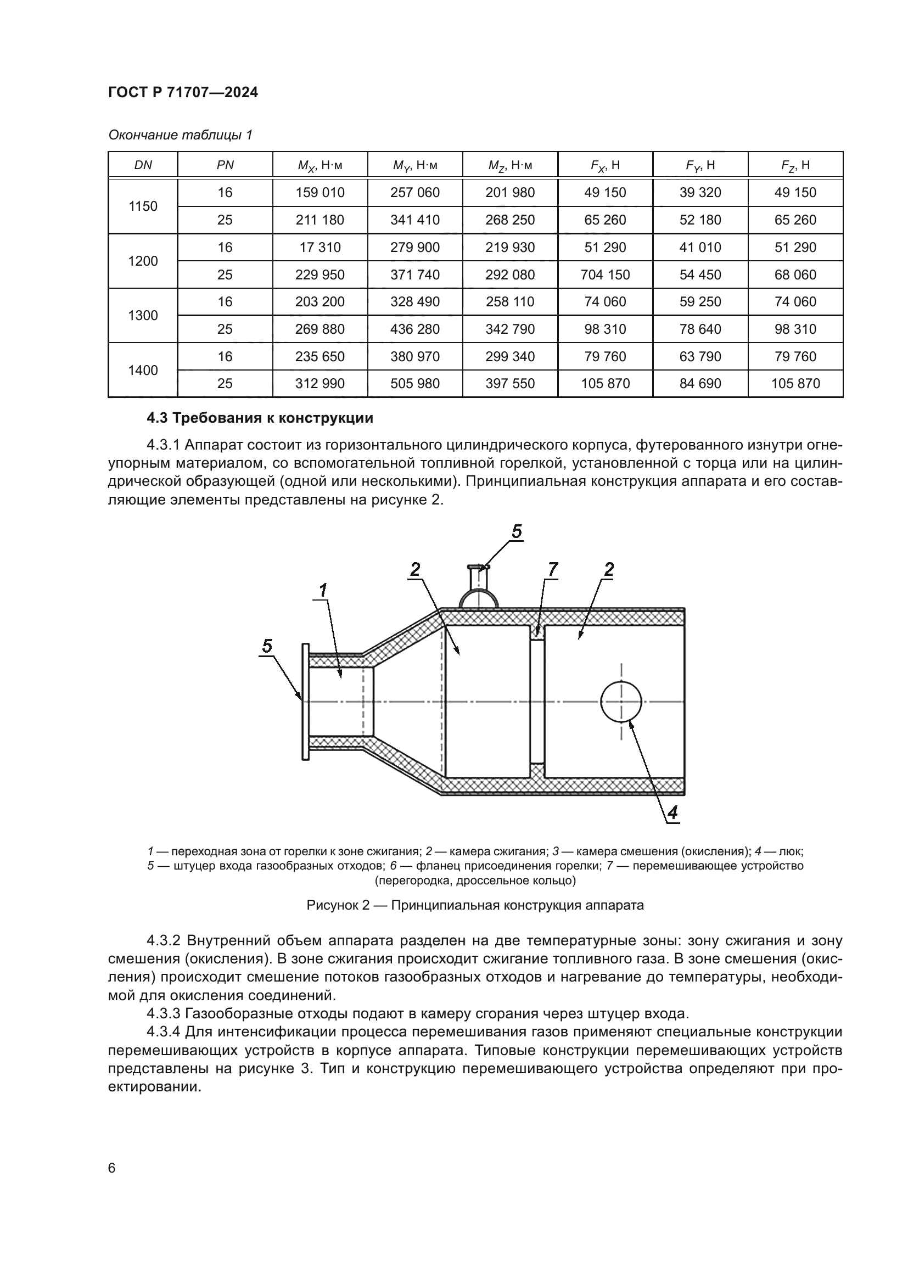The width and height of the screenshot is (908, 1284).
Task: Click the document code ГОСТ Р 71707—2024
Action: click(x=183, y=92)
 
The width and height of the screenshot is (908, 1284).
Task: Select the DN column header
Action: click(x=143, y=165)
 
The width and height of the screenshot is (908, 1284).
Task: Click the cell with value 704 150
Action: click(x=605, y=274)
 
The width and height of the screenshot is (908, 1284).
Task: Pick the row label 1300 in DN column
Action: click(x=143, y=316)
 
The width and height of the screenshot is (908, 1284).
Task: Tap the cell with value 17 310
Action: click(x=320, y=247)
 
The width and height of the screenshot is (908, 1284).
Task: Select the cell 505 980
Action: click(x=415, y=384)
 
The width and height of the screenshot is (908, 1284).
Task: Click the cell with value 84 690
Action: click(x=700, y=384)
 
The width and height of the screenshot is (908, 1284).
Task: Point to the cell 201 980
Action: click(x=510, y=192)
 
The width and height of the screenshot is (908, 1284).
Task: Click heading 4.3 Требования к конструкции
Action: click(x=260, y=418)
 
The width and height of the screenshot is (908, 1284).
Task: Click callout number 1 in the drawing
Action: click(x=323, y=590)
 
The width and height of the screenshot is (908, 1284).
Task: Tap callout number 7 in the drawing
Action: click(x=552, y=569)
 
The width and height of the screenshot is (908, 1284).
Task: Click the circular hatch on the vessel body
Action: click(x=621, y=702)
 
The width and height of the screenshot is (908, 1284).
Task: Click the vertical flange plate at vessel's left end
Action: click(x=305, y=702)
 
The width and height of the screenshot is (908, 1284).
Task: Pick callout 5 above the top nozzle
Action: click(x=517, y=531)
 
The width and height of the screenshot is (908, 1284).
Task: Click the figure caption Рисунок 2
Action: click(x=475, y=905)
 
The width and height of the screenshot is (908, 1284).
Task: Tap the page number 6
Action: click(x=112, y=1168)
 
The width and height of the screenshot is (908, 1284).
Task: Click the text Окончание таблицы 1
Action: click(x=180, y=135)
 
